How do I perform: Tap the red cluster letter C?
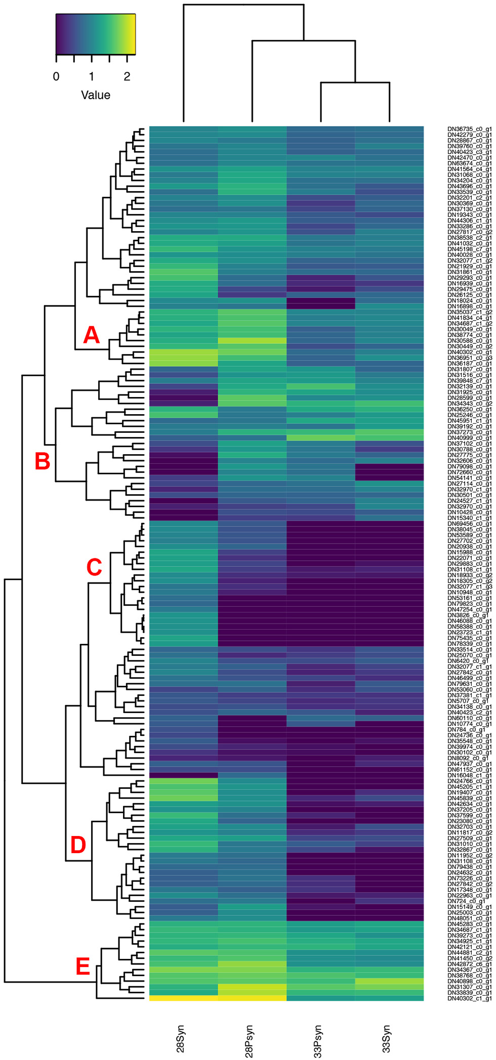(94, 567)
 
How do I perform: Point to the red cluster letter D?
(78, 845)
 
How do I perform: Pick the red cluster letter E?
(82, 967)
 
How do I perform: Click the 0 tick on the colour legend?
(56, 76)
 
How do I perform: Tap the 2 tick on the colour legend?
(127, 76)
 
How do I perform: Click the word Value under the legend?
(96, 95)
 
